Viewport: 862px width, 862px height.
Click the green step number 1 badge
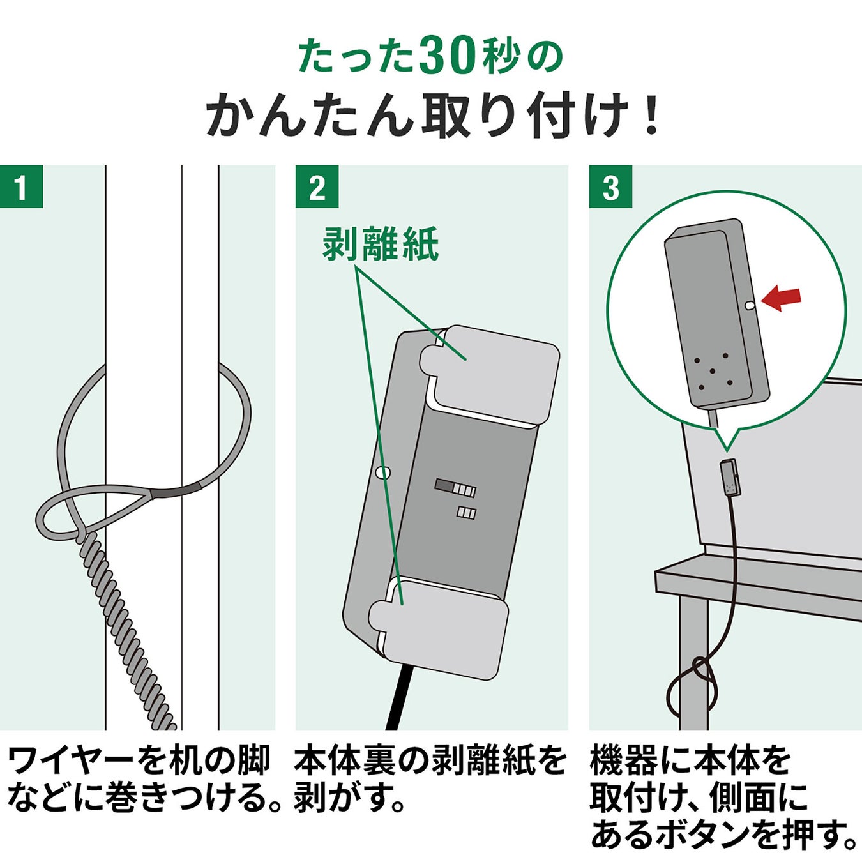[x=22, y=186]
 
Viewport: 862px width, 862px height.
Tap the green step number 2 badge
[x=317, y=186]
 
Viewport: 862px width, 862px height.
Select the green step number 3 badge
[x=610, y=186]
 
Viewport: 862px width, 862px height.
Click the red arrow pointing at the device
[x=780, y=299]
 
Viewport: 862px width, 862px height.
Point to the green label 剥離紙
[x=381, y=245]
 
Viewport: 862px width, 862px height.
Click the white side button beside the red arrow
[x=751, y=305]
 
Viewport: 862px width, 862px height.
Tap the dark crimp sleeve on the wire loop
[x=176, y=490]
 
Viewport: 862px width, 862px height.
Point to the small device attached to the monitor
[x=730, y=478]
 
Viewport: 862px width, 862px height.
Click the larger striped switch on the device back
[x=455, y=487]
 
